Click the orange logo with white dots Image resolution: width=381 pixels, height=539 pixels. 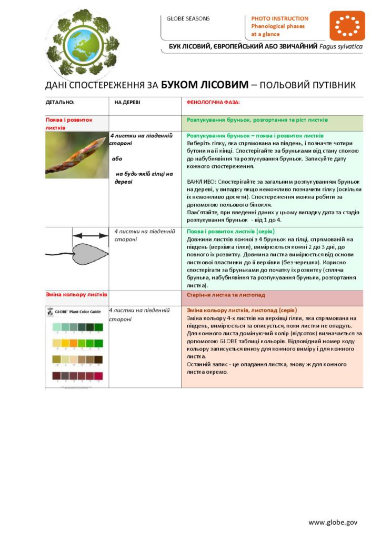pyautogui.click(x=347, y=26)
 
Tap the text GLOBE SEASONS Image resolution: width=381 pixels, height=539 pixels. pyautogui.click(x=188, y=18)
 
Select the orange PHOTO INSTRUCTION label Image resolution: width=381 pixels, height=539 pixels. pyautogui.click(x=279, y=18)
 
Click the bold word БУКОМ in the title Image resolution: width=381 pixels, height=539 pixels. pyautogui.click(x=183, y=85)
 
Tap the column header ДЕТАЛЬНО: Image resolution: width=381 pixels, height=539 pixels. pyautogui.click(x=60, y=103)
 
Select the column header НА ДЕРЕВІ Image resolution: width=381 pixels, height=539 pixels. pyautogui.click(x=127, y=103)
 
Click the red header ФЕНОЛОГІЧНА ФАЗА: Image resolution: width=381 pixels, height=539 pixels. pyautogui.click(x=213, y=103)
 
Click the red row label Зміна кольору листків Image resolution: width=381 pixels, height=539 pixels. pyautogui.click(x=76, y=294)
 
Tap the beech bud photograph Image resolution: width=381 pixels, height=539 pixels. pyautogui.click(x=76, y=154)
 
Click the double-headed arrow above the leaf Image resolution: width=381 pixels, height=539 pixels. pyautogui.click(x=91, y=236)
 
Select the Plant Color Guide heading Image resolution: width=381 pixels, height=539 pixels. pyautogui.click(x=77, y=312)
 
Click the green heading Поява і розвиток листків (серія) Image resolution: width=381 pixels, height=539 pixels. pyautogui.click(x=231, y=232)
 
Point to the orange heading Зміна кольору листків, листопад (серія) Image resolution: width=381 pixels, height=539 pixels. pyautogui.click(x=242, y=311)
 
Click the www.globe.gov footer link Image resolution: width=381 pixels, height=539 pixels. pyautogui.click(x=333, y=522)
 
